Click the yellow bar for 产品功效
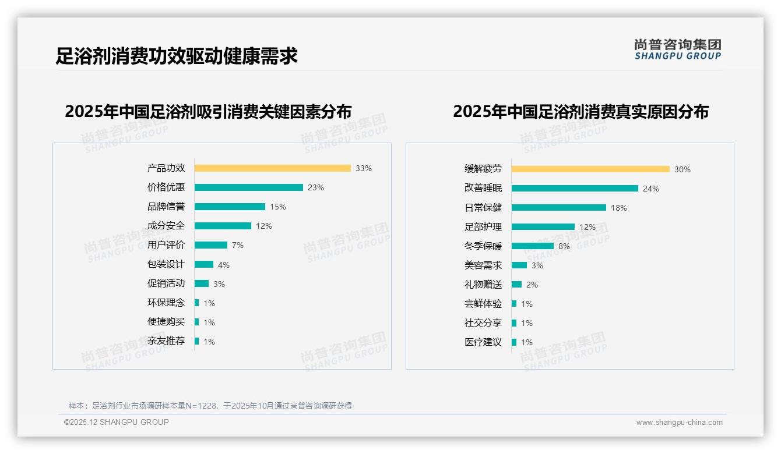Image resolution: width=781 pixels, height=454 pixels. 272,168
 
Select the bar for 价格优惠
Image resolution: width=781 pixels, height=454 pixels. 248,187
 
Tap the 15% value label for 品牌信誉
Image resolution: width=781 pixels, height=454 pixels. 278,207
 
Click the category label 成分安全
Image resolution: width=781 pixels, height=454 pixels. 166,226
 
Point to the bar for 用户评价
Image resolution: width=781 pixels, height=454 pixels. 210,245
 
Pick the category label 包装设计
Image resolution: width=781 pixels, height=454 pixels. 166,264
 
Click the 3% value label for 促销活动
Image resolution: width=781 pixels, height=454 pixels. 219,284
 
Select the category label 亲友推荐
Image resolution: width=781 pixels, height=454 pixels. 166,341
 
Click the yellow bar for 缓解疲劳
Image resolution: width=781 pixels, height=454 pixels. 590,169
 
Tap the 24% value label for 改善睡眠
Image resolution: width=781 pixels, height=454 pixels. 651,189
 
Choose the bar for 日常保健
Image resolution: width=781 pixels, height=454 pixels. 558,208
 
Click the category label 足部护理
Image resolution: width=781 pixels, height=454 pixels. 483,227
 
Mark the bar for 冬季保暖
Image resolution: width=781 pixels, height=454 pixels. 532,246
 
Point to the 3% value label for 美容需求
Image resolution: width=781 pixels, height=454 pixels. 537,265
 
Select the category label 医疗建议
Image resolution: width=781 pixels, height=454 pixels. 483,342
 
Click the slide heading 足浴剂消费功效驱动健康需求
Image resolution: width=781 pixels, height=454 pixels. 177,56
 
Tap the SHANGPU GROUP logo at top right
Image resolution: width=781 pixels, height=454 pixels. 677,49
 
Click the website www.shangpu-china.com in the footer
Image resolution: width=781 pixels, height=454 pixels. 679,423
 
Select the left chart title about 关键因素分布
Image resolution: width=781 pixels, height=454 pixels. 208,112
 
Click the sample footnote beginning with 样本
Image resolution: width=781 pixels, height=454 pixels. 210,406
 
